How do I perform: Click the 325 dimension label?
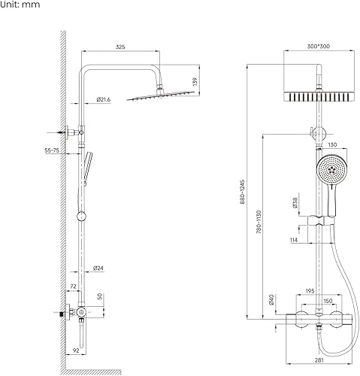(x=120, y=47)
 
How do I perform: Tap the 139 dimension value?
(x=195, y=82)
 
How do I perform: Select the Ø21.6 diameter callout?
(x=104, y=99)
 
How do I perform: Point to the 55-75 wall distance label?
(x=52, y=150)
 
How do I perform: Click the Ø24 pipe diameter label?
(x=98, y=268)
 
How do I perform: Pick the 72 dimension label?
(x=73, y=287)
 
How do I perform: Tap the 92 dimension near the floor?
(x=76, y=350)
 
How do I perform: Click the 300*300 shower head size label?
(x=319, y=47)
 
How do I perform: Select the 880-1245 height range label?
(x=243, y=192)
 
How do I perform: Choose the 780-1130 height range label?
(x=259, y=223)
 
